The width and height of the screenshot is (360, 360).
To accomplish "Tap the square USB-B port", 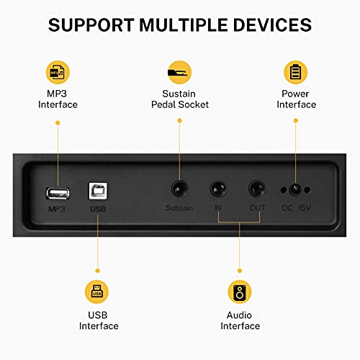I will (96, 191).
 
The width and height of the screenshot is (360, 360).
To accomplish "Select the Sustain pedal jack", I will (178, 190).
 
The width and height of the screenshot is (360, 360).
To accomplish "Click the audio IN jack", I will (217, 190).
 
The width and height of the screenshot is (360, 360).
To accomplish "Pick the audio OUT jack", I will (256, 190).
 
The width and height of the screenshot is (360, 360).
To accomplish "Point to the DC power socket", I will (294, 190).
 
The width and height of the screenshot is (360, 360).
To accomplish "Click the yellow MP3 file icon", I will (58, 72).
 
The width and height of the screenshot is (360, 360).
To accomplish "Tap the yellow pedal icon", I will (178, 72).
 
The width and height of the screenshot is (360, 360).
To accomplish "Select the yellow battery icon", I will (295, 72).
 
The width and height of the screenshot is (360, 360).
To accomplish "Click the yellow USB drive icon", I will (97, 292).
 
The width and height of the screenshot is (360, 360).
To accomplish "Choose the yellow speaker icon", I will (240, 292).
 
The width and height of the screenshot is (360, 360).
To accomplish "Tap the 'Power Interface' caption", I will (296, 99).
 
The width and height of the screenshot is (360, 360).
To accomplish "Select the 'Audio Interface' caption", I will (240, 320).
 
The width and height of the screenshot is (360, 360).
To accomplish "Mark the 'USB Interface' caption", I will (98, 320).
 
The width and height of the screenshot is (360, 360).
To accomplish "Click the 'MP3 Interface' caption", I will (58, 99).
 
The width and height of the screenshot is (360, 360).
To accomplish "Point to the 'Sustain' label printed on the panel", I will (178, 209).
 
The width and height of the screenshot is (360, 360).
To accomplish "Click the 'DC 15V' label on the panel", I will (296, 209).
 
